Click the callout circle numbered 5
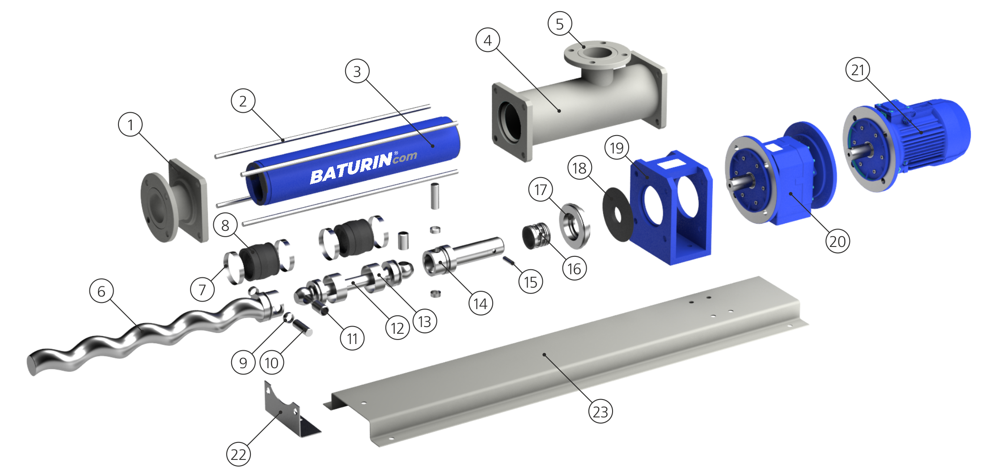coord(560,24)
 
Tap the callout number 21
coord(858,70)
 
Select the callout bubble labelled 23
coord(600,412)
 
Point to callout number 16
coord(574,268)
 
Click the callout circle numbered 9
coord(243,362)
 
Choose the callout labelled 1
coord(131,124)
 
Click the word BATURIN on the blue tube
coord(351,169)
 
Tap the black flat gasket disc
coord(618,214)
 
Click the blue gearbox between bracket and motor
coord(780,174)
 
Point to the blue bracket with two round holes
coord(671,208)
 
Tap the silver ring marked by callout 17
coord(575,226)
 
